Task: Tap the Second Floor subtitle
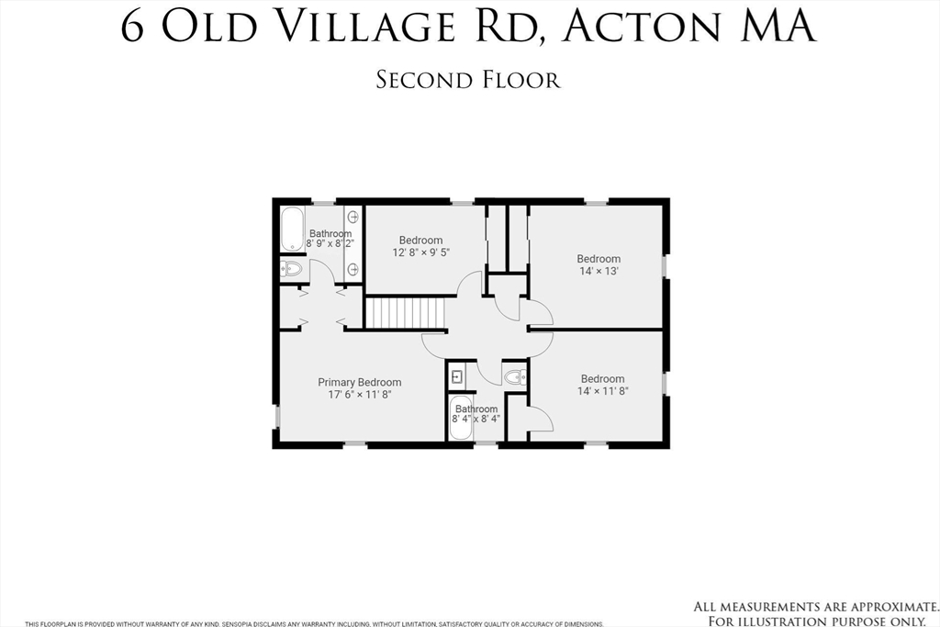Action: click(468, 80)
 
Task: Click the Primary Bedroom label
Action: click(359, 382)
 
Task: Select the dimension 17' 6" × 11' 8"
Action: click(359, 395)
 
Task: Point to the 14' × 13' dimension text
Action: click(599, 271)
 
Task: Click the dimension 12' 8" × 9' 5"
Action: click(420, 252)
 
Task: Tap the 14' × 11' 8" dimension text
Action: click(602, 391)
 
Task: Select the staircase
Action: click(405, 312)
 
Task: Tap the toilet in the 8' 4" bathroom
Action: click(515, 376)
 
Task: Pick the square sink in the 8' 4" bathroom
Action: click(456, 376)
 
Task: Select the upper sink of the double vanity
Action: click(352, 218)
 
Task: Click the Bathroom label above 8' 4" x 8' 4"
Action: click(476, 409)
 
